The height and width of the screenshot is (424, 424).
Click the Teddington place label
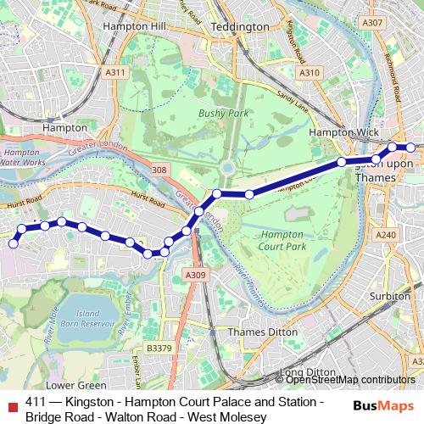pyautogui.click(x=239, y=27)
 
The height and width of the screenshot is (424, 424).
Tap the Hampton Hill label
pyautogui.click(x=131, y=26)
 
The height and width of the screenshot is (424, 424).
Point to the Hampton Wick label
pyautogui.click(x=337, y=133)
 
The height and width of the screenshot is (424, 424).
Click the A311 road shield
pyautogui.click(x=116, y=74)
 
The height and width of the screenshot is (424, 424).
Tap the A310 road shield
pyautogui.click(x=310, y=73)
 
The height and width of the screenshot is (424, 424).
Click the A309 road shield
pyautogui.click(x=195, y=275)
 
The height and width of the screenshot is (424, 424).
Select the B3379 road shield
pyautogui.click(x=158, y=348)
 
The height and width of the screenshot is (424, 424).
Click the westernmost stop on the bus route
pyautogui.click(x=13, y=244)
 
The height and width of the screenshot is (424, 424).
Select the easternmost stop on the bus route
pyautogui.click(x=410, y=148)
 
